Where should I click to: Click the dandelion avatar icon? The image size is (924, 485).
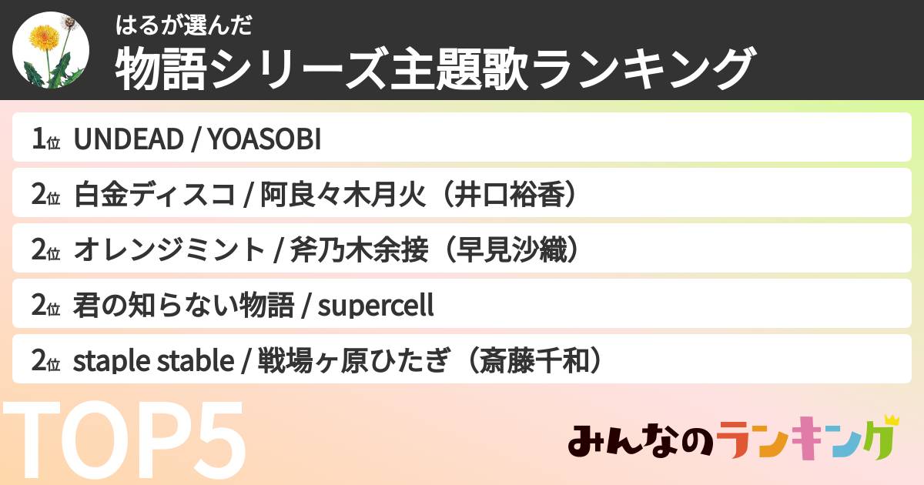(51, 49)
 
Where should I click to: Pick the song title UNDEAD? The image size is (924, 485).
(128, 139)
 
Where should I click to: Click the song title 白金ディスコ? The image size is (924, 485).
(154, 195)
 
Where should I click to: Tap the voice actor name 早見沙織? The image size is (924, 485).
(515, 250)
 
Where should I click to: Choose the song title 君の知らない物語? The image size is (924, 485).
(183, 306)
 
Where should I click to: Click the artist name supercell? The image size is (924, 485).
(376, 306)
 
